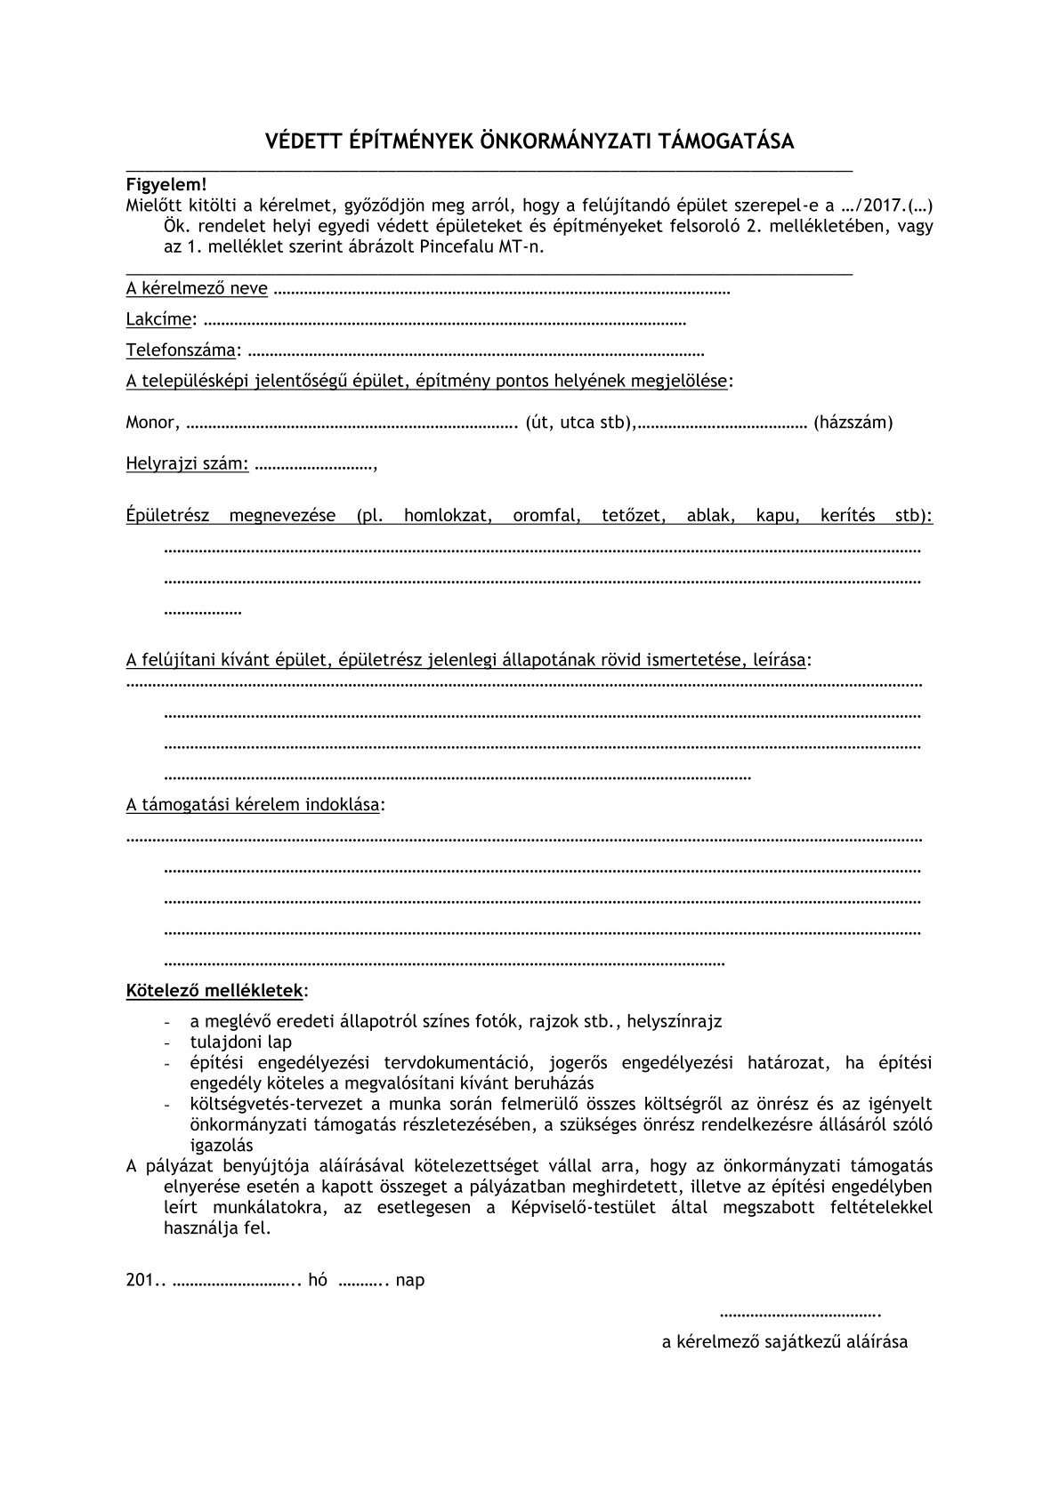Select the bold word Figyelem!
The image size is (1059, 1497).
(x=166, y=185)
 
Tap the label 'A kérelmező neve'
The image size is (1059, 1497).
(x=197, y=288)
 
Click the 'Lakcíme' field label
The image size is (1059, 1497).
(x=158, y=318)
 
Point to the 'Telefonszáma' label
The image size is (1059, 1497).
(x=181, y=350)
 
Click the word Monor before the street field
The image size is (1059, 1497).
(x=150, y=422)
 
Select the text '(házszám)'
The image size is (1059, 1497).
(x=853, y=422)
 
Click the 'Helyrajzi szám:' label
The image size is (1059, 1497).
(x=188, y=463)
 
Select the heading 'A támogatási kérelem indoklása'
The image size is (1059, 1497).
(x=253, y=805)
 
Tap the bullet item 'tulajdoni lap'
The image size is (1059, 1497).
(x=240, y=1042)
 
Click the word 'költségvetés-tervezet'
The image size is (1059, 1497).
(x=267, y=1104)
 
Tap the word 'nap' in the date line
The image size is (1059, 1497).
(x=410, y=1280)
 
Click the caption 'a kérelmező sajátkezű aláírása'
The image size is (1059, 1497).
(x=784, y=1342)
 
